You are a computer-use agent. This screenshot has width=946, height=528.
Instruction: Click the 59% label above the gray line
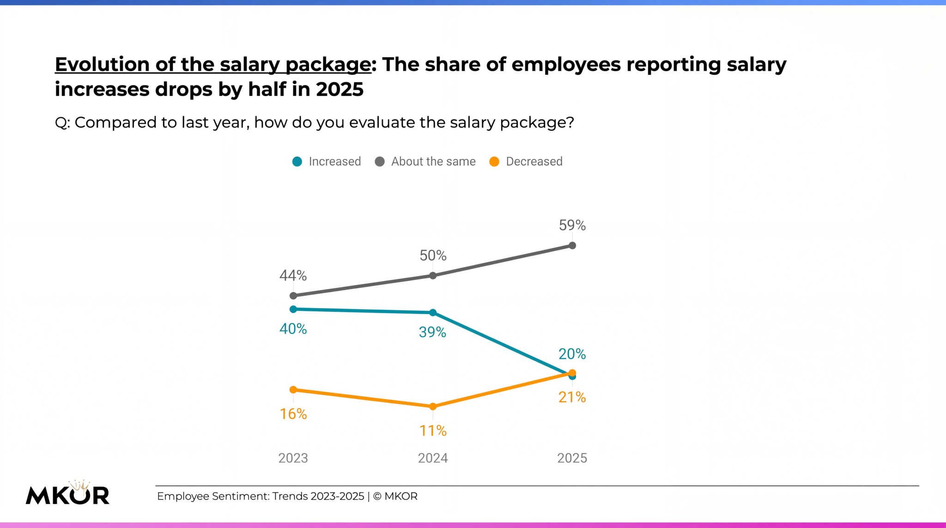tap(572, 225)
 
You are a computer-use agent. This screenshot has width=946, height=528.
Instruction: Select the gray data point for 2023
tap(293, 296)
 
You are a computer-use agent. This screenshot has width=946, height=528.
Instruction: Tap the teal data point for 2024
tap(433, 313)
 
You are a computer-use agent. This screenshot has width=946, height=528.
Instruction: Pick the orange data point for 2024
tap(433, 407)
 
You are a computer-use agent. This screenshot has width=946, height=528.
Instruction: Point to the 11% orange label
tap(433, 431)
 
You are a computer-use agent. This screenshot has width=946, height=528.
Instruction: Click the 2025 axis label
tap(572, 458)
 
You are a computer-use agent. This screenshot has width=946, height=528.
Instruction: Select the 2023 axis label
tap(293, 458)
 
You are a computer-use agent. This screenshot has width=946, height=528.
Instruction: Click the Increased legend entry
tap(327, 162)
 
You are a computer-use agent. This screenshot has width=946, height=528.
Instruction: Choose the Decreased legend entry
tap(526, 162)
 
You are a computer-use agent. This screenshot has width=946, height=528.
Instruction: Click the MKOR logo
tap(67, 493)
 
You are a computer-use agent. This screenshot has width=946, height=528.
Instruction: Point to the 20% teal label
tap(572, 354)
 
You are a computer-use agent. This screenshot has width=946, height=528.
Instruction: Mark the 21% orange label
tap(572, 397)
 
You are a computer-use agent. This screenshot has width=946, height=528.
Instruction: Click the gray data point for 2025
tap(572, 245)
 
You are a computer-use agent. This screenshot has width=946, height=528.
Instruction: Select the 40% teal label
tap(293, 329)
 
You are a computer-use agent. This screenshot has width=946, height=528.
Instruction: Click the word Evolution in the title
tap(102, 64)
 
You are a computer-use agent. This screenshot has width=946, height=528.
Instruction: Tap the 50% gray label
tap(433, 255)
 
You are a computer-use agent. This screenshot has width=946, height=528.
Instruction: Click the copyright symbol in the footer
tap(377, 497)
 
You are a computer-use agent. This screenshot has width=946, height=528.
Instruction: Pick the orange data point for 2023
tap(293, 390)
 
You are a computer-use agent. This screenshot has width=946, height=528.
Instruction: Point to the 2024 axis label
tap(433, 458)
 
